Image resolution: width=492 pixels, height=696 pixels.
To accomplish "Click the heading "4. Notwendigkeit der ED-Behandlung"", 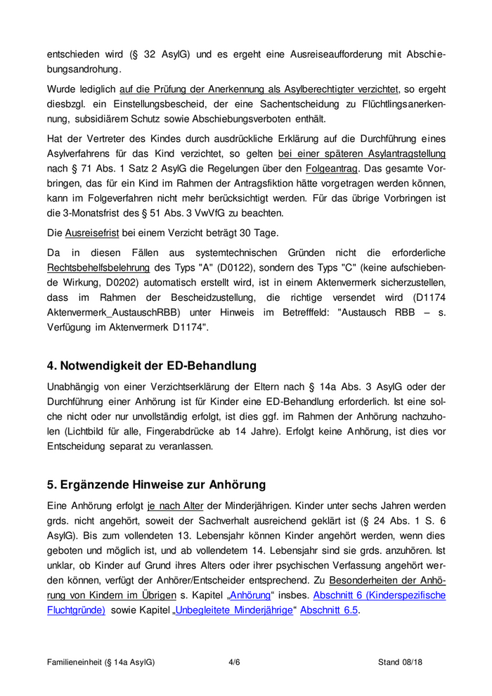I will click(x=152, y=366).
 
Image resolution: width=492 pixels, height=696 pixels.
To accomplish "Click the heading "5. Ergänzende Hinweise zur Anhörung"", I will click(x=156, y=484).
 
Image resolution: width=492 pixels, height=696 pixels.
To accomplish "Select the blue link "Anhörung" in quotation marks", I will click(x=250, y=595).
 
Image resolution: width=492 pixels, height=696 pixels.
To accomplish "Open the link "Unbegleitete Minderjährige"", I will click(x=234, y=610).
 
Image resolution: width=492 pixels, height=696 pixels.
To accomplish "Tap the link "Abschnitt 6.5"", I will click(x=329, y=610).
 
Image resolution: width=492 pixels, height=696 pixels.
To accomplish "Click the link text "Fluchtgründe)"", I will click(x=76, y=610).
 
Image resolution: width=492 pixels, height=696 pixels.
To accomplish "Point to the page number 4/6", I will click(x=235, y=662).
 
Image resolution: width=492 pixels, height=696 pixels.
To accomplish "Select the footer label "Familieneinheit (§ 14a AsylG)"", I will click(x=101, y=662).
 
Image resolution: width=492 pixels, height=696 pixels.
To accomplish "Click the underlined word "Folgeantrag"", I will click(x=332, y=169).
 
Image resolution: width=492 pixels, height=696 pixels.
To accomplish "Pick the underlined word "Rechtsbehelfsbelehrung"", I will click(x=98, y=268).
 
